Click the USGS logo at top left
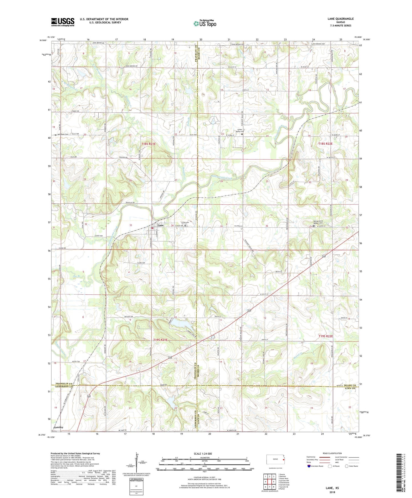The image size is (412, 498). pyautogui.click(x=62, y=22)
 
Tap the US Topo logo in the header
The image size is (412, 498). pyautogui.click(x=205, y=24)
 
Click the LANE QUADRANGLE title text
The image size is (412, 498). pyautogui.click(x=340, y=19)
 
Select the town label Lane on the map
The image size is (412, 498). pyautogui.click(x=161, y=225)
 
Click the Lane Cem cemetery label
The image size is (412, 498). pyautogui.click(x=185, y=223)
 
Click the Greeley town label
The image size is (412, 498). pyautogui.click(x=58, y=427)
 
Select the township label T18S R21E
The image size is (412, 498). pyautogui.click(x=149, y=144)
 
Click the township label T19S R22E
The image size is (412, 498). pyautogui.click(x=325, y=336)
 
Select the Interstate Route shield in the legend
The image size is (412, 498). pyautogui.click(x=309, y=466)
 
